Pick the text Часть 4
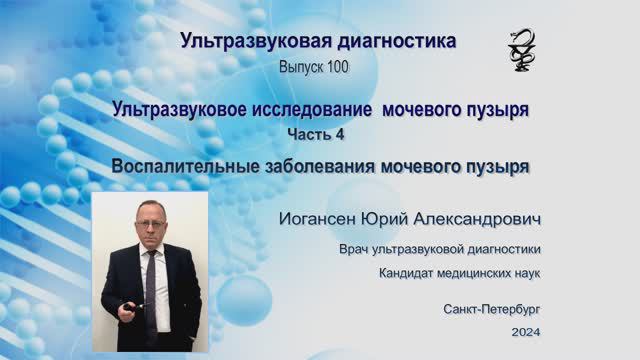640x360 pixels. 316,133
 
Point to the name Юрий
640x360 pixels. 406,219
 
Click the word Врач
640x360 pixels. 357,249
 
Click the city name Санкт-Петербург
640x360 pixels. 492,310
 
